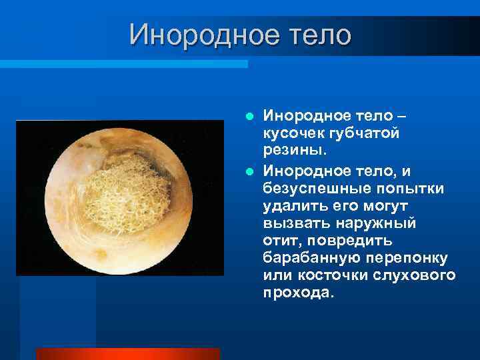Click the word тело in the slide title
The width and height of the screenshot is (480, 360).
pyautogui.click(x=317, y=34)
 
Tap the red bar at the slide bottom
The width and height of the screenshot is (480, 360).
pyautogui.click(x=127, y=354)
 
